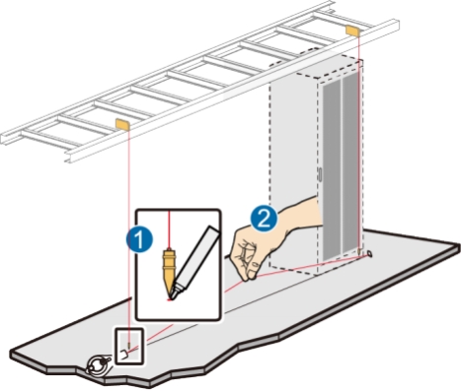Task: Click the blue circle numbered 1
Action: tap(139, 240)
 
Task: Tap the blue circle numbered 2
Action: tap(264, 219)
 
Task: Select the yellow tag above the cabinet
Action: tap(352, 31)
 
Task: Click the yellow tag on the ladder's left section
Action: tap(122, 124)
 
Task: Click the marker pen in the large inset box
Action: tap(193, 263)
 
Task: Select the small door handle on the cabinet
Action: tap(320, 174)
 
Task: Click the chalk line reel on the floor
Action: tap(98, 364)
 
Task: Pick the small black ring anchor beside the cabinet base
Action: tap(369, 253)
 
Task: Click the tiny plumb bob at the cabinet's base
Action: tap(359, 251)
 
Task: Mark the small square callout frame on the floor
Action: tap(129, 346)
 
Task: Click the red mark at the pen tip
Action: tap(170, 299)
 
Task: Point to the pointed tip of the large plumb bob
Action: tap(169, 293)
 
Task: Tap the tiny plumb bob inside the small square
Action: tap(129, 346)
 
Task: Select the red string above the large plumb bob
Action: tap(169, 229)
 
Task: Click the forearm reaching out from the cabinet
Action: tap(299, 215)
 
